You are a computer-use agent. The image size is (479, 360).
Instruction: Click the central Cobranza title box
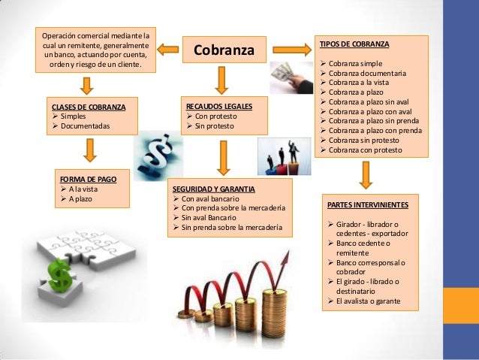tap(224, 50)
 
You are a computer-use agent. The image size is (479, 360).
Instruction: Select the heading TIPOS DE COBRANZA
tap(354, 44)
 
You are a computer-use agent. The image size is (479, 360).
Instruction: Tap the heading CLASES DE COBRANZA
tap(89, 107)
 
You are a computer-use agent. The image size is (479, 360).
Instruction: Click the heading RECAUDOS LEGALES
tap(218, 107)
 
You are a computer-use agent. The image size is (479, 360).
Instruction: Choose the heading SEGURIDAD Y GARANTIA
tap(214, 187)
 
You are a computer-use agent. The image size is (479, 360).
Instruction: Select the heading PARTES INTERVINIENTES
tap(369, 204)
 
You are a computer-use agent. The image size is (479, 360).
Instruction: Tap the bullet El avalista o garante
tap(368, 301)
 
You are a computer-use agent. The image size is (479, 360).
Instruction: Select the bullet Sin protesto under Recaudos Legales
tap(213, 126)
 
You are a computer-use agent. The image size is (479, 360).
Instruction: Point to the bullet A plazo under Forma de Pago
tap(80, 198)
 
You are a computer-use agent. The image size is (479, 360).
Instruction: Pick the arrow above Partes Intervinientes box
tap(366, 174)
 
